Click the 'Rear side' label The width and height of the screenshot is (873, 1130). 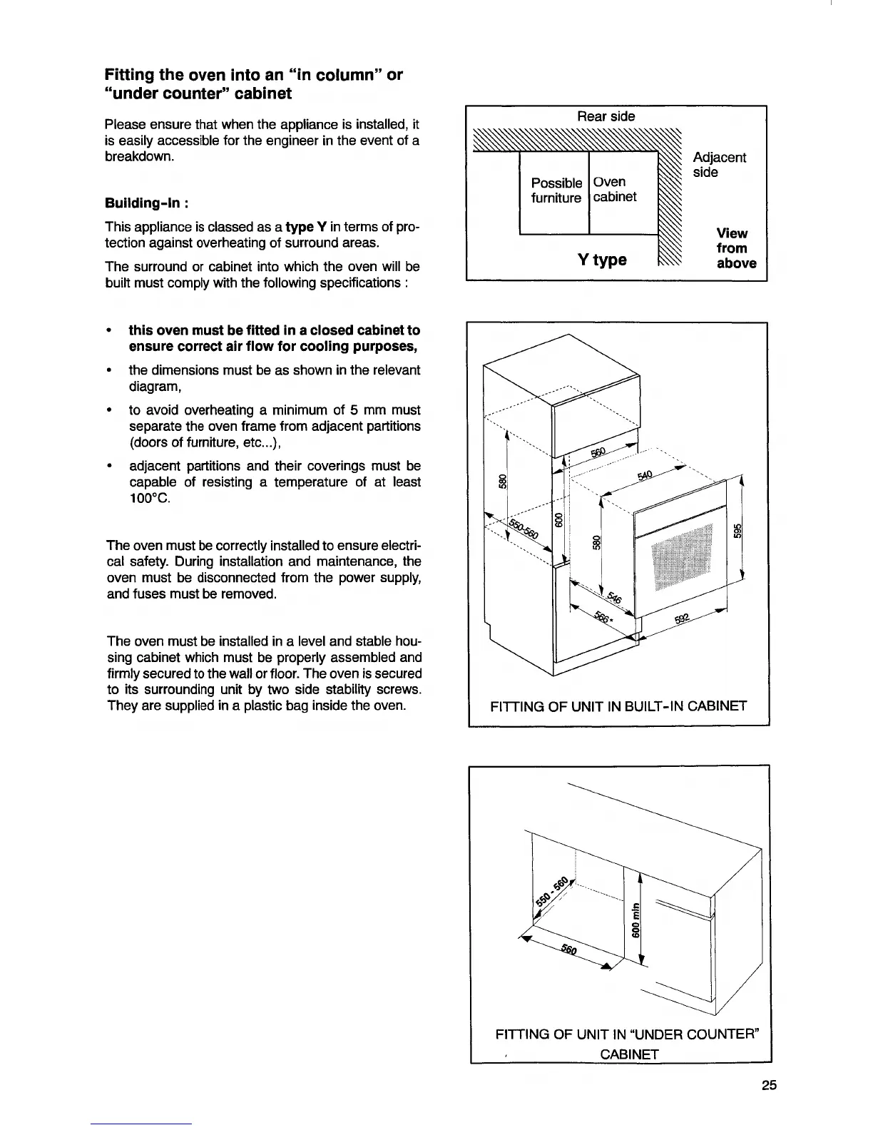point(606,116)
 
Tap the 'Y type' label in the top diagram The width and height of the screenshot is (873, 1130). point(602,259)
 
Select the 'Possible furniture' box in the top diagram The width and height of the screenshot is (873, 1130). point(556,190)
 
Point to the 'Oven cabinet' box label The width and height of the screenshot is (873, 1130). point(615,190)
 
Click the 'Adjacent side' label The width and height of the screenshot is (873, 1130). point(719,165)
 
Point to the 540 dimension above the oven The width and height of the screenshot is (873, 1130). point(645,475)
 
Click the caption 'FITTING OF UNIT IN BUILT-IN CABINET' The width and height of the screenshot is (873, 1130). point(618,706)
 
